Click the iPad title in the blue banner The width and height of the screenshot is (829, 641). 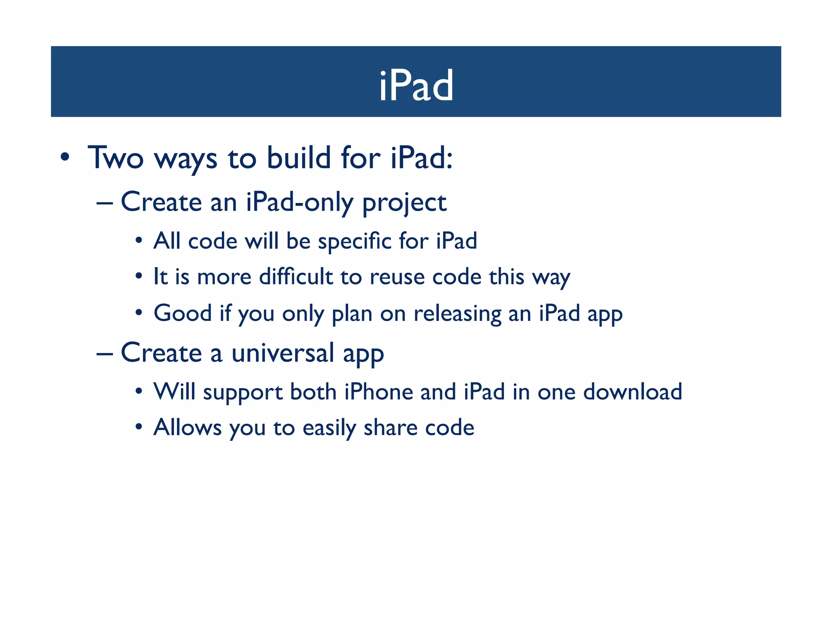point(416,86)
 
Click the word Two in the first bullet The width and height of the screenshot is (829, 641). point(115,158)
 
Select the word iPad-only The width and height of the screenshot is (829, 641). point(299,202)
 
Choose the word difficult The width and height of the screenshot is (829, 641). point(295,277)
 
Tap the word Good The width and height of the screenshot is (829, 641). point(183,313)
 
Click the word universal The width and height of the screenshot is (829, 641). point(283,353)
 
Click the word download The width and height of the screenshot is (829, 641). point(632,392)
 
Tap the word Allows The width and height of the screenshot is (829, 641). point(187,427)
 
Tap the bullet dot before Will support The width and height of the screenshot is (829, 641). point(139,392)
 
